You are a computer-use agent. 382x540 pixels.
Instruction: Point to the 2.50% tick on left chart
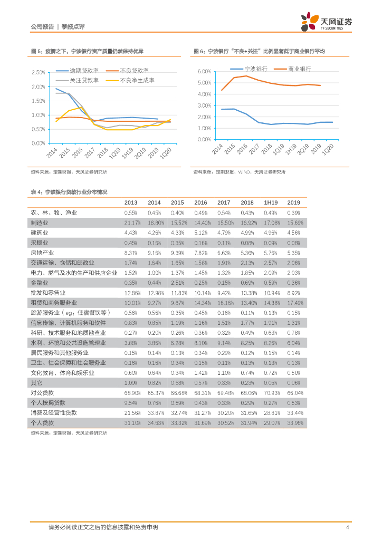pyautogui.click(x=38, y=72)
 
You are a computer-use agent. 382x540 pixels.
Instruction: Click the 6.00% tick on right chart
pyautogui.click(x=204, y=71)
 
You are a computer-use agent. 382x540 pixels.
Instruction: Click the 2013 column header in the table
pyautogui.click(x=130, y=202)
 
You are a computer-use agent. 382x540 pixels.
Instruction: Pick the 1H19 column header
pyautogui.click(x=270, y=202)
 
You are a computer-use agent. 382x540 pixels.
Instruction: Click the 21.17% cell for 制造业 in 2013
pyautogui.click(x=132, y=223)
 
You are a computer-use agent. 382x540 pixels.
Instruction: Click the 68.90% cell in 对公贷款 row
pyautogui.click(x=132, y=393)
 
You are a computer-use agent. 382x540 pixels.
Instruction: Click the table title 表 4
pyautogui.click(x=69, y=192)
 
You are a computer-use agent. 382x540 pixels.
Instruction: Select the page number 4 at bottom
pyautogui.click(x=347, y=527)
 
